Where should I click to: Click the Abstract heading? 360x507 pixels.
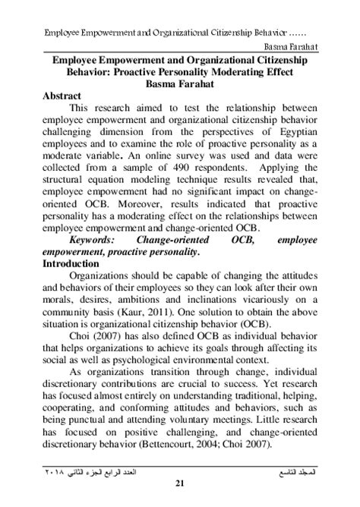63,99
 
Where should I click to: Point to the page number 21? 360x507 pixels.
180,483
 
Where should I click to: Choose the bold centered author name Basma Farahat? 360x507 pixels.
180,83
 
